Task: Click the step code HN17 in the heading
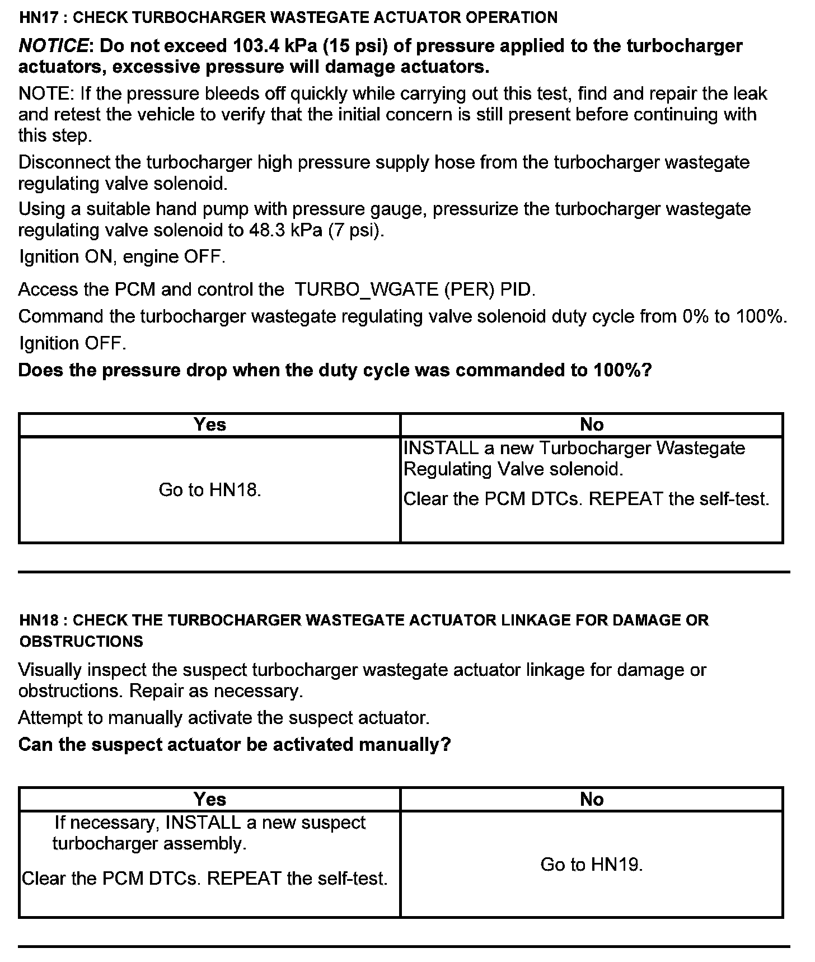(38, 17)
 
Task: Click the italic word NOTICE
(53, 46)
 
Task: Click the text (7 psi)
(356, 231)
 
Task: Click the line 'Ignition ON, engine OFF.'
(122, 257)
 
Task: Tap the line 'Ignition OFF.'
(73, 343)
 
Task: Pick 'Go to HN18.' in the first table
(210, 490)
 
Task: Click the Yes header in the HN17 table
(210, 424)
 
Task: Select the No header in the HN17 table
(592, 424)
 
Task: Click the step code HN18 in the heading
(38, 620)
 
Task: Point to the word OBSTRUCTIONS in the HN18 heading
(81, 642)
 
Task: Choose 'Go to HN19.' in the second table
(592, 865)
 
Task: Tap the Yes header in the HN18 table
(210, 799)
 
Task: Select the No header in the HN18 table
(592, 799)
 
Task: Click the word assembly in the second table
(212, 844)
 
